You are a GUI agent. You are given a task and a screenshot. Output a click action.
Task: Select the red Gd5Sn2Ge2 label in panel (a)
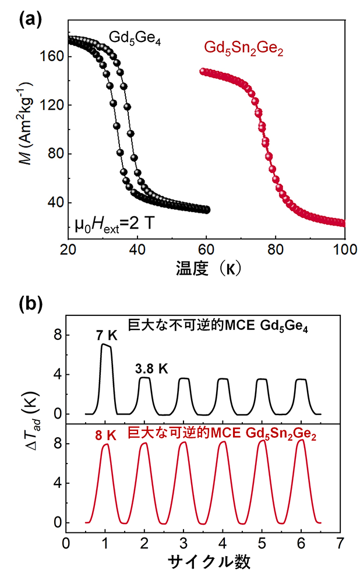coord(251,49)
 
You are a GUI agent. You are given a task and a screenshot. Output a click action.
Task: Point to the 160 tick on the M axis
coord(54,57)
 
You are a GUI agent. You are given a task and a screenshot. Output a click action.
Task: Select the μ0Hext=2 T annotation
coord(117,224)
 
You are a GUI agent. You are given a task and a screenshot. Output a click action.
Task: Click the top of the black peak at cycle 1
coord(105,345)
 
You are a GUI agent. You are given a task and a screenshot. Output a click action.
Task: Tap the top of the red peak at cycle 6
coord(301,440)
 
